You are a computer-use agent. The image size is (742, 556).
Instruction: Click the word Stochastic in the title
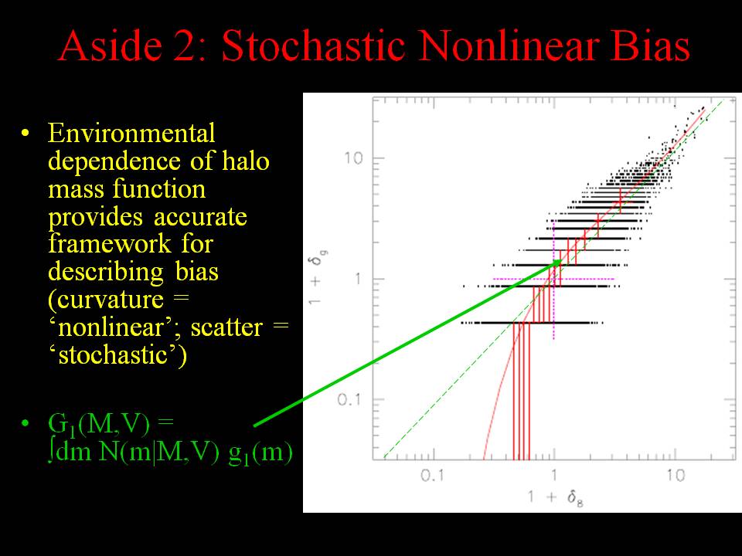pos(313,45)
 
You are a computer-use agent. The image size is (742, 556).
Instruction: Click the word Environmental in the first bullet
pos(131,133)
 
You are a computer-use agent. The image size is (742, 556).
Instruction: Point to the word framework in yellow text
pos(110,243)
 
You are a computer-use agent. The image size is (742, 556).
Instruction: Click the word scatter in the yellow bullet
pos(226,327)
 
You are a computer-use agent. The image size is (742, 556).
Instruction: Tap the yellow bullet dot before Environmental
pos(25,134)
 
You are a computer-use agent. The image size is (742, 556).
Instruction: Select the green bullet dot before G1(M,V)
pos(25,422)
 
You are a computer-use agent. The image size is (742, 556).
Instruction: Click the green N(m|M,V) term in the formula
pos(159,452)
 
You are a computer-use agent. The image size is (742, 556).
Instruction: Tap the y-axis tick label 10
pos(353,158)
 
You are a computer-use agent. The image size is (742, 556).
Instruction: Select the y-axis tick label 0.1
pos(349,400)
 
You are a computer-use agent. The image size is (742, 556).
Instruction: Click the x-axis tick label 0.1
pos(432,475)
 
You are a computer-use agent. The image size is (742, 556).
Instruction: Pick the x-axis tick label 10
pos(676,475)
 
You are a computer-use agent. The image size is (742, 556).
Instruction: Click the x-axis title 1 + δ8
pos(556,498)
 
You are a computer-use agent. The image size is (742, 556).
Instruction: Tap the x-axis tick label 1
pos(553,475)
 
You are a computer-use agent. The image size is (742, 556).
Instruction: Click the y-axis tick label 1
pos(358,279)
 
